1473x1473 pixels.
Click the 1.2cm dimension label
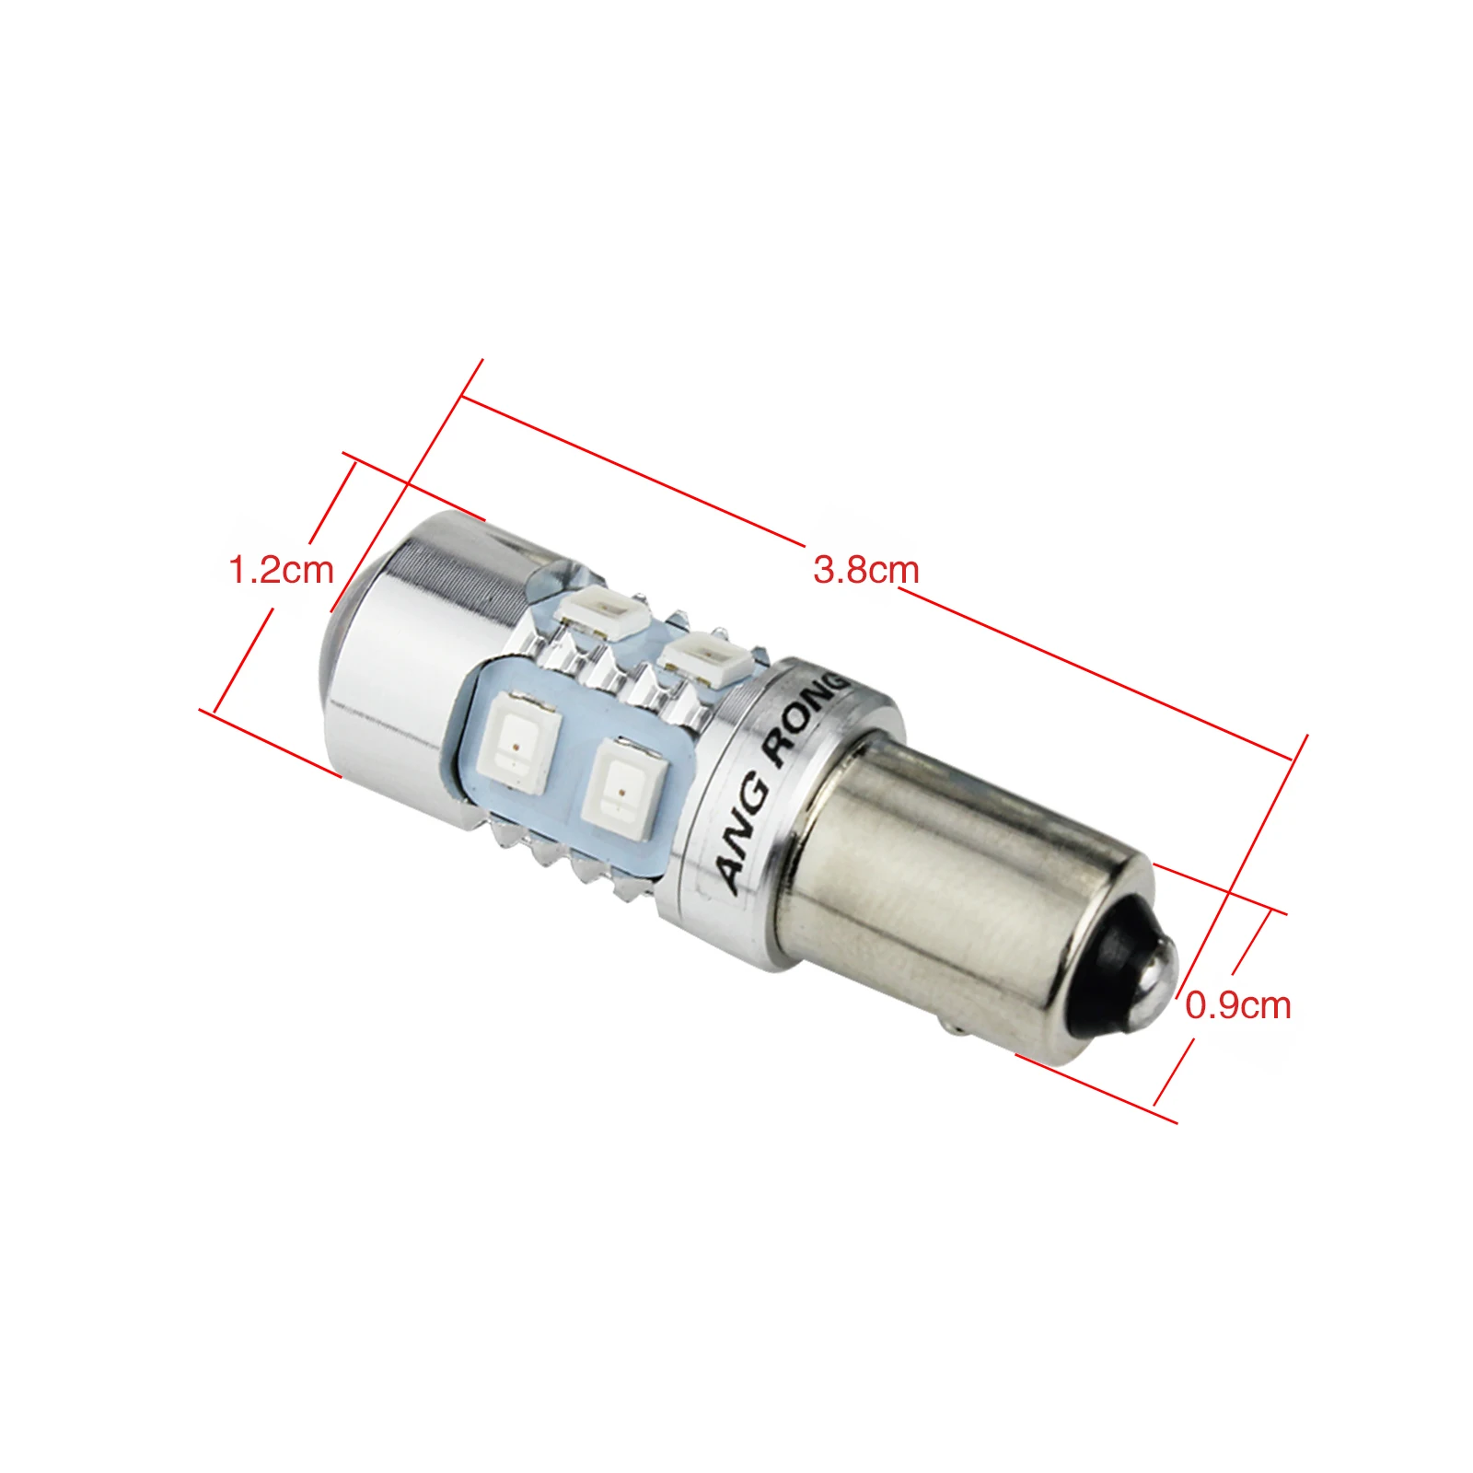pyautogui.click(x=281, y=570)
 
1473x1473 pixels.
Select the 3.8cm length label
pyautogui.click(x=866, y=570)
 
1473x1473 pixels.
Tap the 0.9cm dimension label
pyautogui.click(x=1238, y=1004)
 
